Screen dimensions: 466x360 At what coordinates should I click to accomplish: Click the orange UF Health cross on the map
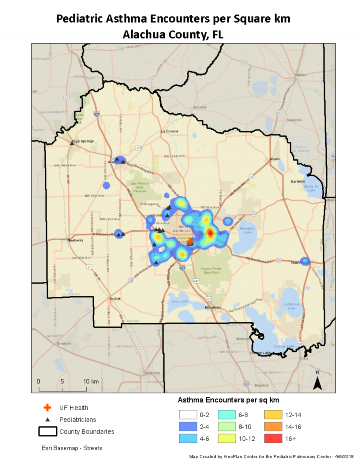(190, 241)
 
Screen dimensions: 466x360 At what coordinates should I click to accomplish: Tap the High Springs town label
(83, 141)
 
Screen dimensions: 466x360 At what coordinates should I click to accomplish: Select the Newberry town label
(75, 240)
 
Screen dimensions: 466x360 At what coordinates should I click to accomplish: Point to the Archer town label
(115, 298)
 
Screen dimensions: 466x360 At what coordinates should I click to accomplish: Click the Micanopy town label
(212, 307)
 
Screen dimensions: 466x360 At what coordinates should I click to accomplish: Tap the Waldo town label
(275, 159)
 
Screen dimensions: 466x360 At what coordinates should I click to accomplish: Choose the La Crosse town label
(169, 131)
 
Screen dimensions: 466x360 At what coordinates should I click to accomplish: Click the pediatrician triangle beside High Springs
(72, 143)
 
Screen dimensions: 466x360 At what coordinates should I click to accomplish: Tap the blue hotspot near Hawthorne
(305, 261)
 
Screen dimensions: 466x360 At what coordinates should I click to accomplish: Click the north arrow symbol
(317, 382)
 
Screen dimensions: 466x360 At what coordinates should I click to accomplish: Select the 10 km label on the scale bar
(91, 381)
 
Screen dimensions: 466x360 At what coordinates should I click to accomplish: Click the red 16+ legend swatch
(273, 438)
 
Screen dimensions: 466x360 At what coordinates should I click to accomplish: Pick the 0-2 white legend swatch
(187, 414)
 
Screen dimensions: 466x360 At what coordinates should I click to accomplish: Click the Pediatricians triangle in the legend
(47, 420)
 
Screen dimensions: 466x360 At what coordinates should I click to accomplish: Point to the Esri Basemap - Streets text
(72, 448)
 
